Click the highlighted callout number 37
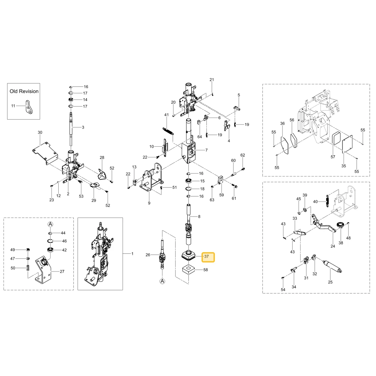click(206, 256)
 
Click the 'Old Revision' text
click(24, 91)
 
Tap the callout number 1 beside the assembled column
click(132, 254)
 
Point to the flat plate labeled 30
click(45, 153)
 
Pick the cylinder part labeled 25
click(332, 267)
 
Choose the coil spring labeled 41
click(168, 131)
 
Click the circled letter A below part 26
click(162, 281)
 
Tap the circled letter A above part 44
click(50, 224)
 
